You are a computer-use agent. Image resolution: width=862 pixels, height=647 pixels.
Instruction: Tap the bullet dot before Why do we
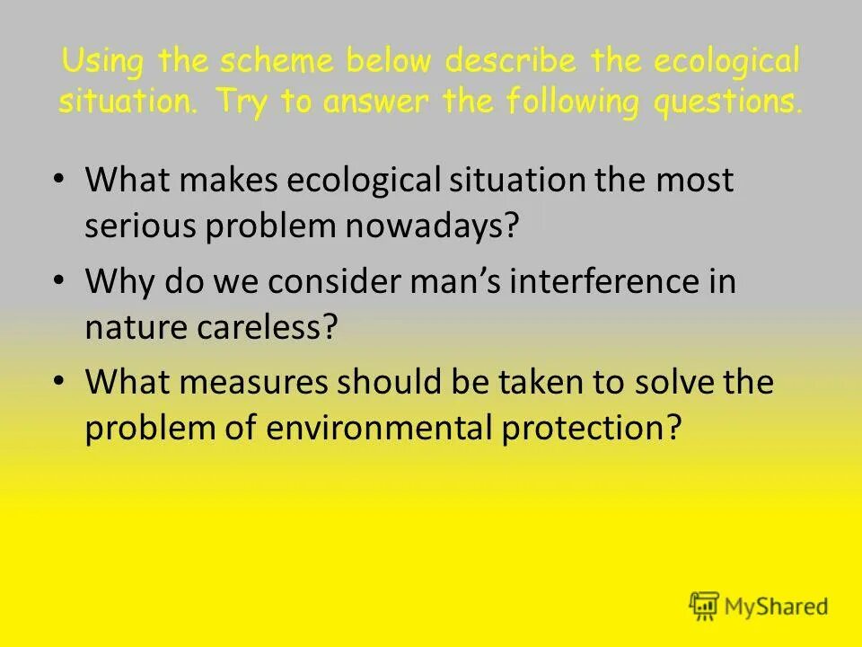(x=58, y=281)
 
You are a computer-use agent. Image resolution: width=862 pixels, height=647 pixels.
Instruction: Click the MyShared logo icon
(x=705, y=607)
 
